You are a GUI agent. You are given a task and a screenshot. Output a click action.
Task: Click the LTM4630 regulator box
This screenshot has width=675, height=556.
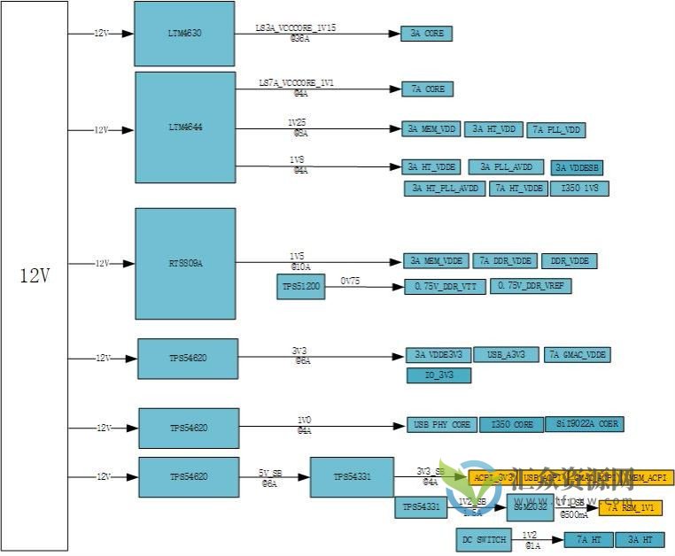pos(184,33)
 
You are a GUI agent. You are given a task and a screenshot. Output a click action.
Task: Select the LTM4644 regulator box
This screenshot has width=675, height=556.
pos(185,128)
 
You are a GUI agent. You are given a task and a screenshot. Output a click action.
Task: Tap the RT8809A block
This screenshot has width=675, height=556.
pos(185,262)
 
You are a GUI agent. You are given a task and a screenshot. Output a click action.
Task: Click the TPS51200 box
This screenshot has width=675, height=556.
pos(300,287)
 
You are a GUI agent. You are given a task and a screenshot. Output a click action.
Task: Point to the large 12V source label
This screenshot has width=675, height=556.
pos(35,275)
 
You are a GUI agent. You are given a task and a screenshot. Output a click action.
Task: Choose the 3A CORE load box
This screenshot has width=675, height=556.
pos(426,34)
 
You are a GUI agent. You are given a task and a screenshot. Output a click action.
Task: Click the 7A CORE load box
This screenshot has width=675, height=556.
pos(428,89)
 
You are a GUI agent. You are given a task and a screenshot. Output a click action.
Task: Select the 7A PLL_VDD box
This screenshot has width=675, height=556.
pos(556,130)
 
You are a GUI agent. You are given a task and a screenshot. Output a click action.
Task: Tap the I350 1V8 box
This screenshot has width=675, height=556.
pos(579,188)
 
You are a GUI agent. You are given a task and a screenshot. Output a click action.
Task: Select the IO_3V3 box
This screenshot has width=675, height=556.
pos(438,375)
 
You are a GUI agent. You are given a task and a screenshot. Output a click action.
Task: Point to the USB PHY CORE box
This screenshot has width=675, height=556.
pos(442,425)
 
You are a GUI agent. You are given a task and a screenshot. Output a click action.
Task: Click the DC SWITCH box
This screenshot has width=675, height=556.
pos(484,539)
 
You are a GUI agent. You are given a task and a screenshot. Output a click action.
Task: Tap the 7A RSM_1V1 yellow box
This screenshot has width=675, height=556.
pos(630,507)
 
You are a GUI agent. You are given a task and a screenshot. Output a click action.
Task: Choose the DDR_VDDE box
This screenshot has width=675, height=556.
pos(570,261)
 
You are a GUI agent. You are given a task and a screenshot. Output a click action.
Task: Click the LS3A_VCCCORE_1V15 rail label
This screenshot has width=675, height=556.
pos(295,28)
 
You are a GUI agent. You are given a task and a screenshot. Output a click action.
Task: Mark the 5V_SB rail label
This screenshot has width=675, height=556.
pos(270,473)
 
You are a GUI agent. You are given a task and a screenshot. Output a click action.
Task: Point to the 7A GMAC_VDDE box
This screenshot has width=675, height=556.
pos(577,355)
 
